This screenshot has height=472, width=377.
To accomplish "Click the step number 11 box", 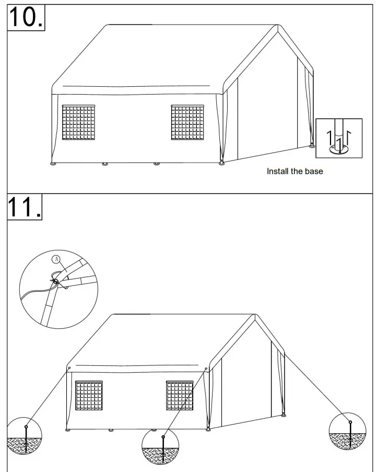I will [x=25, y=208].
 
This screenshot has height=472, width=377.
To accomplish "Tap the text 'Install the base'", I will [x=294, y=171].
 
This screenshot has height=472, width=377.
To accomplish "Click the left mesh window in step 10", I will [x=78, y=122].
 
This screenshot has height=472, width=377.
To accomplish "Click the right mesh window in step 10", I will [x=187, y=122].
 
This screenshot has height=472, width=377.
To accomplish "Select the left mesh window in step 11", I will [x=91, y=396].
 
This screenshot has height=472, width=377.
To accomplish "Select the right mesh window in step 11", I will [x=180, y=396].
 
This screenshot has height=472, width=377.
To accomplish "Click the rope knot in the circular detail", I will [x=55, y=281].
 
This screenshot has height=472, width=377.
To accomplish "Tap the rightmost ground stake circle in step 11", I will [x=347, y=431].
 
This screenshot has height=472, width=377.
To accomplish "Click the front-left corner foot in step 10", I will [x=53, y=164].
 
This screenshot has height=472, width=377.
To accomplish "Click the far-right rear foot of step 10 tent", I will [x=312, y=145].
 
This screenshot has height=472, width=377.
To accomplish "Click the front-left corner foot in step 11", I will [x=67, y=430].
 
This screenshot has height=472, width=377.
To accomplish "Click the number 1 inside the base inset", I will [x=339, y=141].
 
